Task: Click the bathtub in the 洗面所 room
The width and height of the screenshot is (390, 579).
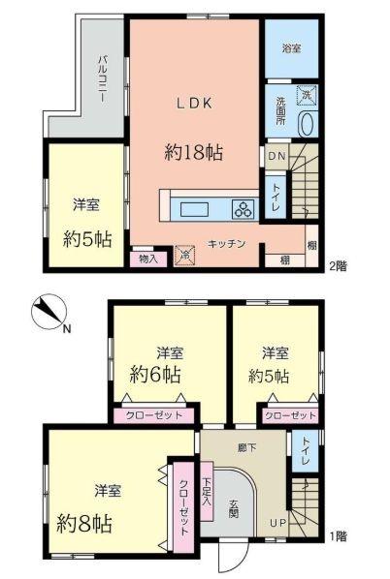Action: click(x=307, y=125)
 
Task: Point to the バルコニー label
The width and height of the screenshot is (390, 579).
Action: click(x=101, y=73)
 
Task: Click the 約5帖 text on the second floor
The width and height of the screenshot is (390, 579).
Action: click(x=84, y=236)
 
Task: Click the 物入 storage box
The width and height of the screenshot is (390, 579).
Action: click(x=148, y=258)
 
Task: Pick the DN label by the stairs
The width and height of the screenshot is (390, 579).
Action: click(x=276, y=156)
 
